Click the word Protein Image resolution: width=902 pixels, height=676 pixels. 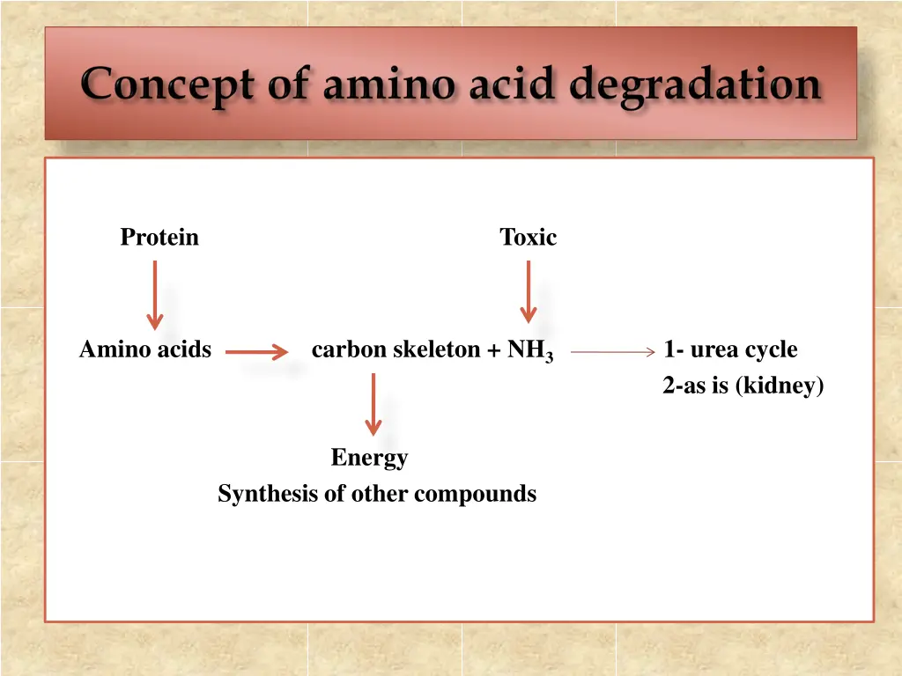click(x=159, y=238)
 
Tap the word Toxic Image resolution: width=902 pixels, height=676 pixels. click(x=528, y=238)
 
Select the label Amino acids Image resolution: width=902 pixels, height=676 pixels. click(x=145, y=350)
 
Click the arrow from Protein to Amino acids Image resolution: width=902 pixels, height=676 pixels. click(x=155, y=294)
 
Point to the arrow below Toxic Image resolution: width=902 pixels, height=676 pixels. click(x=528, y=291)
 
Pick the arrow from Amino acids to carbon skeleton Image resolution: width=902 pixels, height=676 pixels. click(x=256, y=353)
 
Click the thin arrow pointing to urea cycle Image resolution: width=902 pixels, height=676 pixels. click(x=612, y=352)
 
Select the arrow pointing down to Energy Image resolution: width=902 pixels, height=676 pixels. click(x=373, y=404)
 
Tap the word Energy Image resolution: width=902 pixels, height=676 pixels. click(x=369, y=458)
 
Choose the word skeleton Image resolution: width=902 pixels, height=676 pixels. click(x=436, y=350)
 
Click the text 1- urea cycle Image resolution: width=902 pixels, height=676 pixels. click(x=730, y=350)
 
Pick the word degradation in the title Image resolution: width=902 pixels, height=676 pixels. click(x=695, y=86)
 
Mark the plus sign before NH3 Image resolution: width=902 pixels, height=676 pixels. click(x=494, y=350)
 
